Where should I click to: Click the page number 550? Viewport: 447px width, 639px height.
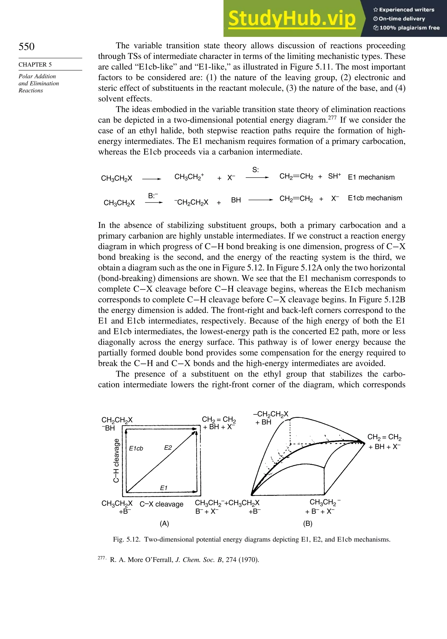pyautogui.click(x=27, y=47)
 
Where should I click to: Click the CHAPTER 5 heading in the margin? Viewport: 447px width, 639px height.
pyautogui.click(x=35, y=65)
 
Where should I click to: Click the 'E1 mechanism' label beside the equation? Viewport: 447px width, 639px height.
pyautogui.click(x=371, y=177)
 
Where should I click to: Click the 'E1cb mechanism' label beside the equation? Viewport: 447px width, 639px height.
pyautogui.click(x=375, y=198)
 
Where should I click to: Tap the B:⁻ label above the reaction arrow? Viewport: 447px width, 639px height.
pyautogui.click(x=153, y=196)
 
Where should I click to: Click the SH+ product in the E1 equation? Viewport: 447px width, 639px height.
pyautogui.click(x=334, y=176)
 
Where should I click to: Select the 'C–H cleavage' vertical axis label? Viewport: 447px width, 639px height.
pyautogui.click(x=117, y=460)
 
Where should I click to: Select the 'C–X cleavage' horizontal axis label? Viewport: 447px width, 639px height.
pyautogui.click(x=161, y=504)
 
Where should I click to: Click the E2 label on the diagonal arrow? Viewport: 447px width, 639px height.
pyautogui.click(x=168, y=447)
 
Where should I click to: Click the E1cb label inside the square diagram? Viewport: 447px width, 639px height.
pyautogui.click(x=136, y=448)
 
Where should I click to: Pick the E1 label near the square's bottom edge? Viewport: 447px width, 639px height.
pyautogui.click(x=164, y=488)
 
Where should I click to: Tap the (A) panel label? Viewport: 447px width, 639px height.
pyautogui.click(x=164, y=523)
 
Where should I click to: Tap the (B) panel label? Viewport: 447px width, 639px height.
pyautogui.click(x=308, y=523)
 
